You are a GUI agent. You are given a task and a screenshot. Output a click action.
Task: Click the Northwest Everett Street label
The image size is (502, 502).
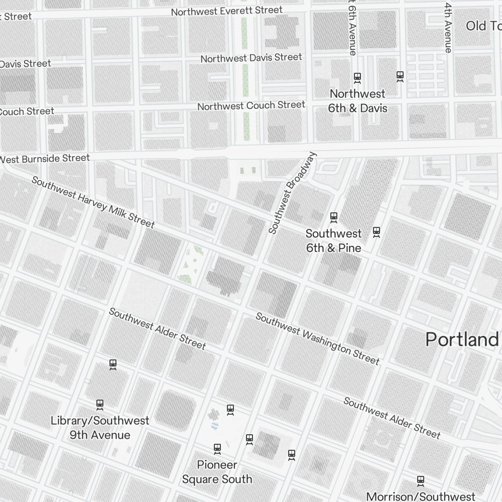click(x=226, y=11)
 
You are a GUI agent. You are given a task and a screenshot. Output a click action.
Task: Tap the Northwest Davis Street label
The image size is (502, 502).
click(x=251, y=58)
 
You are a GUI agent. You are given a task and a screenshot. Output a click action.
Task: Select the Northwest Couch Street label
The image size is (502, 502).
click(x=251, y=105)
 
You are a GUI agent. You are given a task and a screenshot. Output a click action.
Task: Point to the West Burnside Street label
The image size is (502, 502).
click(x=45, y=159)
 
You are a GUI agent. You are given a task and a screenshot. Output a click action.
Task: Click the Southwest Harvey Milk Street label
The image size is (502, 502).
click(x=93, y=202)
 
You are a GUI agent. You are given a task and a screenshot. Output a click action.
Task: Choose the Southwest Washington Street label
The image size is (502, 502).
click(x=317, y=338)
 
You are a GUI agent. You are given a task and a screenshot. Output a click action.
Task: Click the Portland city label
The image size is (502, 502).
click(x=462, y=339)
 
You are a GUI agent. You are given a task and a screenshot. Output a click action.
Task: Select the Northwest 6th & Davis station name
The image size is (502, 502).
click(x=357, y=101)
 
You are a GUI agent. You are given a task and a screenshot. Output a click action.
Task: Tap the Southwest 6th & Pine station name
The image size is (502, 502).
click(x=333, y=240)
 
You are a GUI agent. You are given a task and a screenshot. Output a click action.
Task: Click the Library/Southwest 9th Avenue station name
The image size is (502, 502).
click(x=100, y=428)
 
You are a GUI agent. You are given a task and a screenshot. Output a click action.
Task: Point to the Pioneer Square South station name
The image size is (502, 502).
click(x=217, y=472)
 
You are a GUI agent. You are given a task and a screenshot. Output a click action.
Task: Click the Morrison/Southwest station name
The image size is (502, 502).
click(x=420, y=496)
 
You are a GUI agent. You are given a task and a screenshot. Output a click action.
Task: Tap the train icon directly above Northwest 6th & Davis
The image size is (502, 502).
click(x=357, y=77)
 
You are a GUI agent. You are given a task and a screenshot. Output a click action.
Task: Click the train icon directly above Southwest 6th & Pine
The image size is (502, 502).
click(x=333, y=217)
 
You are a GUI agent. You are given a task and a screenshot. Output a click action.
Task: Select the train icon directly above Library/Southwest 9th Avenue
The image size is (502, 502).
click(x=100, y=404)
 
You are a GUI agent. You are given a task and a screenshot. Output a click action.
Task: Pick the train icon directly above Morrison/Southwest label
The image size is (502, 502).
click(x=421, y=480)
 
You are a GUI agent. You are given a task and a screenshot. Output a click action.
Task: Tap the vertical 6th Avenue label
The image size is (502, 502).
click(x=352, y=28)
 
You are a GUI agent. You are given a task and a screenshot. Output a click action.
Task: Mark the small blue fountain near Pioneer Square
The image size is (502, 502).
click(x=215, y=426)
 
